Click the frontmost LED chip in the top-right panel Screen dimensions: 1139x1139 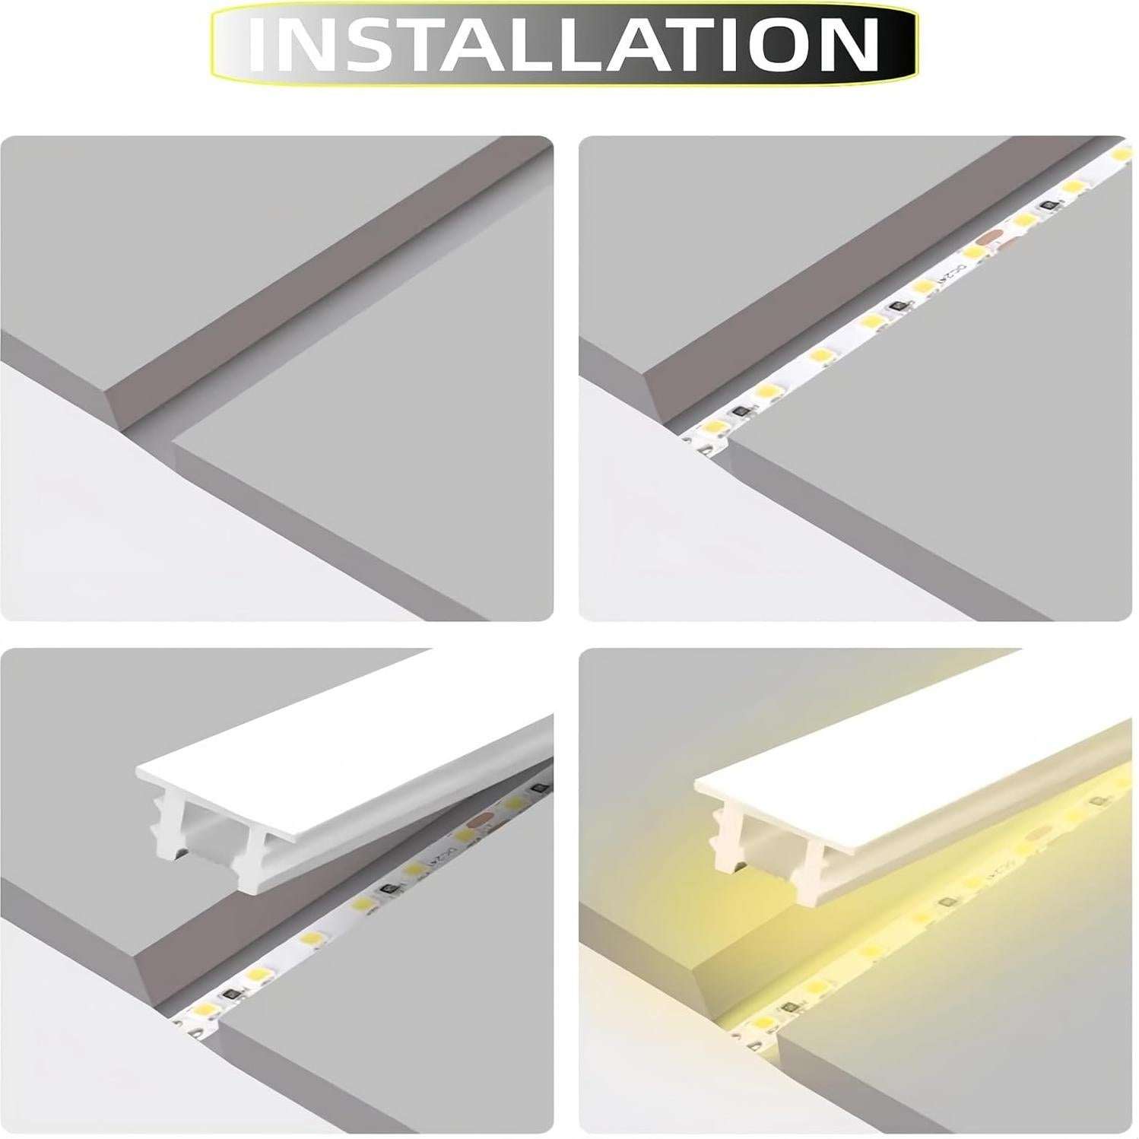(x=716, y=426)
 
